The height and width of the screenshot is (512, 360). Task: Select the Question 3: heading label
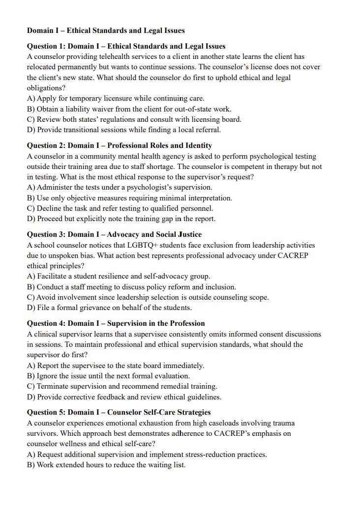coord(46,234)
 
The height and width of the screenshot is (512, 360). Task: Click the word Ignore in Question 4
coord(48,376)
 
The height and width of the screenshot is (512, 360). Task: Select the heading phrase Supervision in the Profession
coord(156,323)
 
